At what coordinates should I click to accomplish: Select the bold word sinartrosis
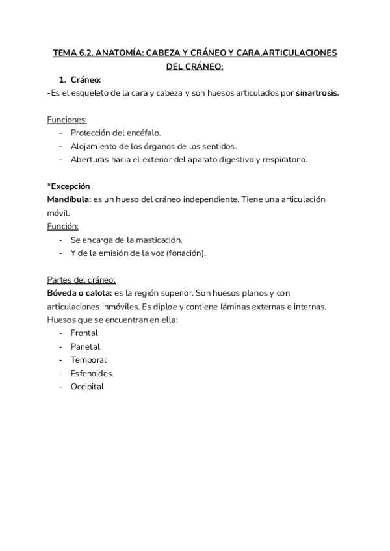317,92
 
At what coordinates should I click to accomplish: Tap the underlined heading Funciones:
67,120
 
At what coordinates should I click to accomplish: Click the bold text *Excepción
69,186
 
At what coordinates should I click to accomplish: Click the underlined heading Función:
63,226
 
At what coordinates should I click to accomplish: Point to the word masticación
161,240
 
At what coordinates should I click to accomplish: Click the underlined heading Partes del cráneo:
81,279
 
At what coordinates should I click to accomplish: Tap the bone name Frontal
84,333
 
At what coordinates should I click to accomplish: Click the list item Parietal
86,346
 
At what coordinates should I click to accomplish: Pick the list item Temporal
88,359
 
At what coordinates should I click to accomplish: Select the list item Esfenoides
92,373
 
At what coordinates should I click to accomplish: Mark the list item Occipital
87,386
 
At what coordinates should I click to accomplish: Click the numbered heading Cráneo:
85,79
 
